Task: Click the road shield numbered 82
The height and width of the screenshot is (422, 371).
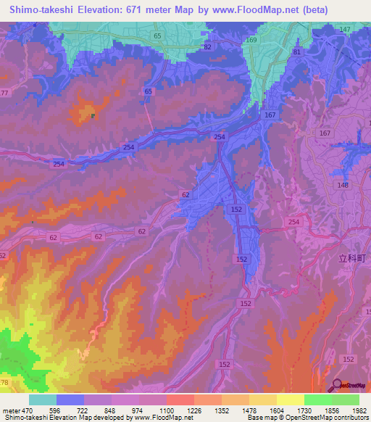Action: (209, 46)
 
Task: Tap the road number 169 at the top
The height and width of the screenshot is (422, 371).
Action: (251, 41)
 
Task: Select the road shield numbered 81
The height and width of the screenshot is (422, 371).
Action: (296, 53)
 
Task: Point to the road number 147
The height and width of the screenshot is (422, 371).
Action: (344, 29)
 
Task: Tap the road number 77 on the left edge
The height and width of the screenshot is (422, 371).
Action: (4, 93)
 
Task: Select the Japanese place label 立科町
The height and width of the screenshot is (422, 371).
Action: (349, 257)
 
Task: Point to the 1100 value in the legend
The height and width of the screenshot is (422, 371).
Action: (165, 410)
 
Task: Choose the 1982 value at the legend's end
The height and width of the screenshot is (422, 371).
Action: (358, 410)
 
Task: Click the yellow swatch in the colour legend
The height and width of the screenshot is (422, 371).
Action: (290, 400)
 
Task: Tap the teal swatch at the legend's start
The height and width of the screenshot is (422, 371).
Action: (42, 400)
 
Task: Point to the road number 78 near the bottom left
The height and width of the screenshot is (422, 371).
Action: (5, 382)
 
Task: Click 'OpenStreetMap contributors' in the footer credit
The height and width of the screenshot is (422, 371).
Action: (328, 418)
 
